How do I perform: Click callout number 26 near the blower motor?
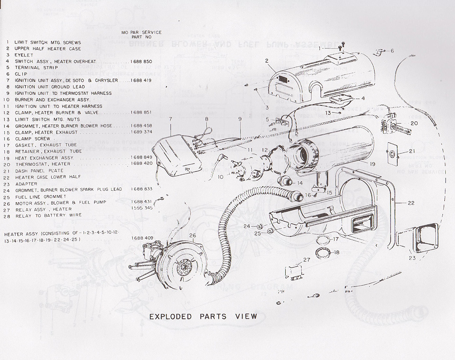point(192,236)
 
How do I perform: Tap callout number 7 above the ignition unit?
point(170,119)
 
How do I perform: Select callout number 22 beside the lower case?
point(411,203)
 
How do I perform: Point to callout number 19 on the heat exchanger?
point(372,164)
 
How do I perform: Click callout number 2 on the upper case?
point(267,61)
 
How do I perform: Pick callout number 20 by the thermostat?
point(414,123)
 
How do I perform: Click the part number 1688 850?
point(142,61)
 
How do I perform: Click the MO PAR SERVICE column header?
point(141,32)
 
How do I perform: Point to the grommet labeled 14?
point(285,181)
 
